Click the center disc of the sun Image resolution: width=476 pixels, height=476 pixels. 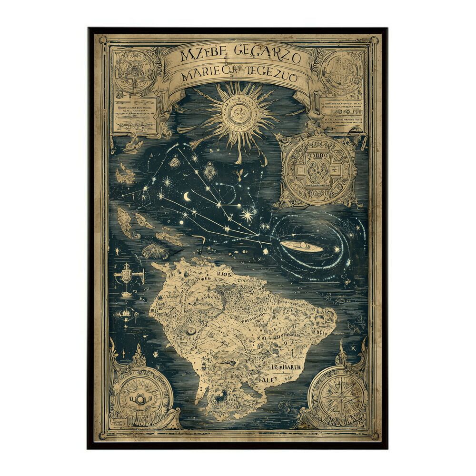[238, 112]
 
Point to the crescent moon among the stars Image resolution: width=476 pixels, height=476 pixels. [187, 196]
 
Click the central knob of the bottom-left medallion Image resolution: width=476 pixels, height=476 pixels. [140, 399]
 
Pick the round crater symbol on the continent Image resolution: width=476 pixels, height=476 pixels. [191, 331]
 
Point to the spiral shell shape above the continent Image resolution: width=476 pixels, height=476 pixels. [155, 250]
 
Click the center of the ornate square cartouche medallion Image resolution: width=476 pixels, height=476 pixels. [318, 170]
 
